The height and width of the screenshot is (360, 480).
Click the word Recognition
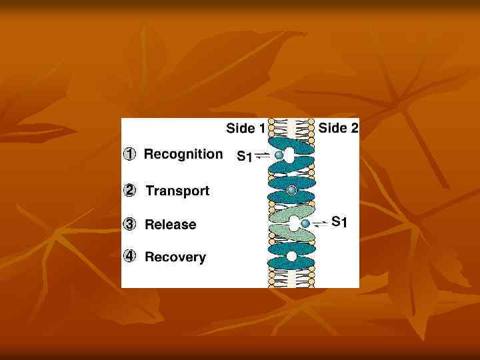click(183, 155)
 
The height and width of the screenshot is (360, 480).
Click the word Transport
click(177, 191)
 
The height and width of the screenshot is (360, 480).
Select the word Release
click(171, 225)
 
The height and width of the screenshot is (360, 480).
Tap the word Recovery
click(175, 257)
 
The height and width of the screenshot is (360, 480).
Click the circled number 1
click(131, 155)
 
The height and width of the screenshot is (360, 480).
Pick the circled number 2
click(131, 191)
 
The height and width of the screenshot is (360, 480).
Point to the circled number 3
click(131, 224)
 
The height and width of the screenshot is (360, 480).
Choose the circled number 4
click(131, 256)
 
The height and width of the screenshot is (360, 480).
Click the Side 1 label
click(245, 128)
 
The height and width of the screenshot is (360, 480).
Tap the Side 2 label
click(338, 128)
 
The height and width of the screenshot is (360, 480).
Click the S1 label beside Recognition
click(245, 157)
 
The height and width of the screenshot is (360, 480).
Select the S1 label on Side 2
click(339, 222)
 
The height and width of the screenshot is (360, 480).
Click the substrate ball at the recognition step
click(279, 155)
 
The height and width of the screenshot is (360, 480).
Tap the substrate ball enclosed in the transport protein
click(291, 191)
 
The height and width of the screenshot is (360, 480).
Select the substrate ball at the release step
click(305, 223)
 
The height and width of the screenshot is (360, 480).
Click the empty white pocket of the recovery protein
click(291, 256)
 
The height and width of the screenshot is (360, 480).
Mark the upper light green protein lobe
click(291, 213)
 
